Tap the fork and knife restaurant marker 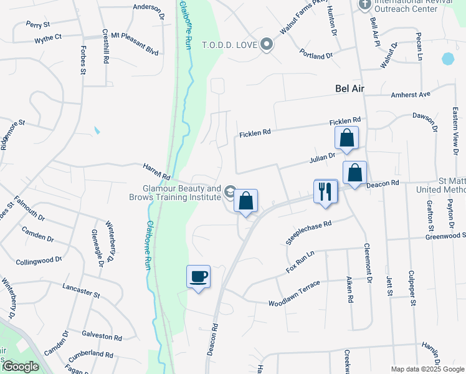325,191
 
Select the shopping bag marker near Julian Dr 346,138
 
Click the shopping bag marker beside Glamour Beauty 246,201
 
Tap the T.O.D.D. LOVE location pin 267,45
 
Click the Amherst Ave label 411,95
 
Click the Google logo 21,367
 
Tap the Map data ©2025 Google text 427,369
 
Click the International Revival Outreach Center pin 365,5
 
